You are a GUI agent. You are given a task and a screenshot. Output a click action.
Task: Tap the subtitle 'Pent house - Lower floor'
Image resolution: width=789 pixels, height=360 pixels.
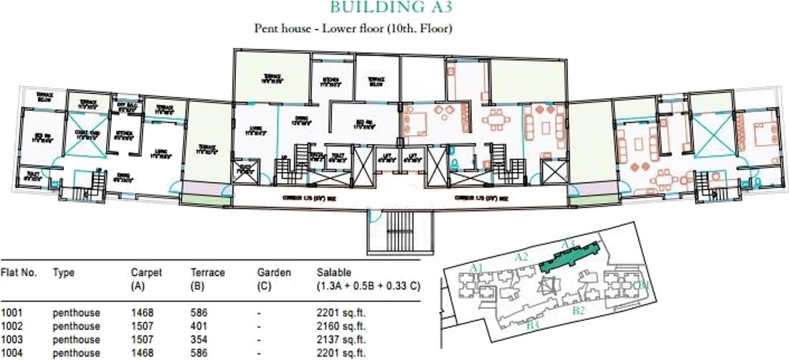[x=352, y=29]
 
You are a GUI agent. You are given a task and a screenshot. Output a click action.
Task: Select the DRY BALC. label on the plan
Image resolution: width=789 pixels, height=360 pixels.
[x=127, y=106]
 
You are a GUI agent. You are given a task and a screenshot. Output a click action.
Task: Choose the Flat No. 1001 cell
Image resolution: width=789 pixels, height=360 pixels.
[x=11, y=313]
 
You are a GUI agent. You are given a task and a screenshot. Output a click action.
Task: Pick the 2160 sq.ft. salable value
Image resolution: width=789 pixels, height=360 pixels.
[x=341, y=326]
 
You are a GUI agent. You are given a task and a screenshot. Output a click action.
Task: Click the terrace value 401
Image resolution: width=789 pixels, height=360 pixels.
[x=199, y=326]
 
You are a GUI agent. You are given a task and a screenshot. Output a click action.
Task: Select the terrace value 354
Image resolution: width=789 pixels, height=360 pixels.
[x=199, y=339]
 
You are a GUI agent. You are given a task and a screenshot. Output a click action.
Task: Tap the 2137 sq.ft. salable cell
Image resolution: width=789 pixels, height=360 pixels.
[x=341, y=339]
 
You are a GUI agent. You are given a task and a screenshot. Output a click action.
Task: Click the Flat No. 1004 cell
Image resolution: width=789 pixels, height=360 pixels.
[x=11, y=353]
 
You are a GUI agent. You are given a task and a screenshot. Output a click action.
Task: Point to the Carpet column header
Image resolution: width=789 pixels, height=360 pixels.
[x=146, y=278]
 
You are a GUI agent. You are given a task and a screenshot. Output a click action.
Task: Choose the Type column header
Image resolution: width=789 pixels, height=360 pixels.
[x=63, y=273]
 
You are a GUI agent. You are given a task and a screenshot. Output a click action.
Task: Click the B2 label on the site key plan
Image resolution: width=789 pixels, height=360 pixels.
[x=580, y=311]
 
